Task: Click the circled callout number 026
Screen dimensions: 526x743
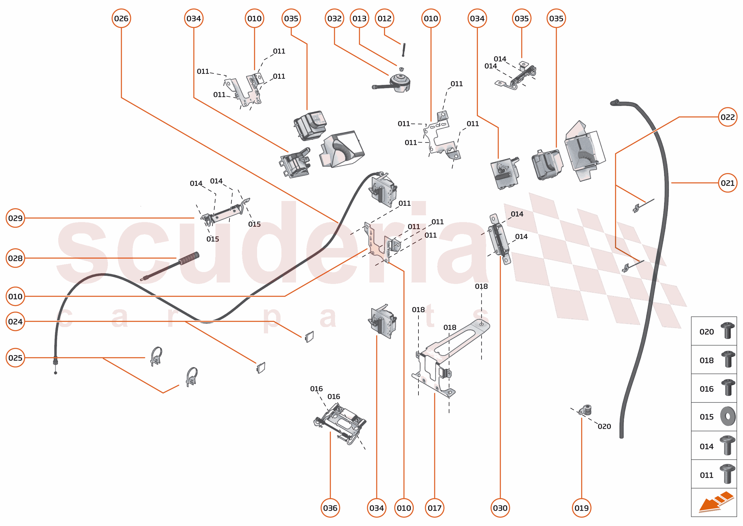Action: point(121,18)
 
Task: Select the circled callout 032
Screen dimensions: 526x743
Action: point(334,18)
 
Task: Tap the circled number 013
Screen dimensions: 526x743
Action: point(359,18)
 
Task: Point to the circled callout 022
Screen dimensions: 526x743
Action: point(728,117)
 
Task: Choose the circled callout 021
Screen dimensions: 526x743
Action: point(728,183)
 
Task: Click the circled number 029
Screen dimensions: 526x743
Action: point(15,218)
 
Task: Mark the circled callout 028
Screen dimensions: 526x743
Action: point(15,258)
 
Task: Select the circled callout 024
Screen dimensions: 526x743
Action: point(15,321)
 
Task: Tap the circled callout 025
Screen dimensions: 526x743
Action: point(15,358)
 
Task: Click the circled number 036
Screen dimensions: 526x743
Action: point(330,508)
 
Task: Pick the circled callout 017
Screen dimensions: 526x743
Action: point(435,508)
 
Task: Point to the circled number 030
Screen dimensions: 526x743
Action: point(500,508)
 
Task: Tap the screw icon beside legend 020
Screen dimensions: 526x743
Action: point(728,330)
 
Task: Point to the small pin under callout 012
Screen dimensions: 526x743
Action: point(404,50)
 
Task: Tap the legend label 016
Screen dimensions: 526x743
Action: point(706,389)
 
